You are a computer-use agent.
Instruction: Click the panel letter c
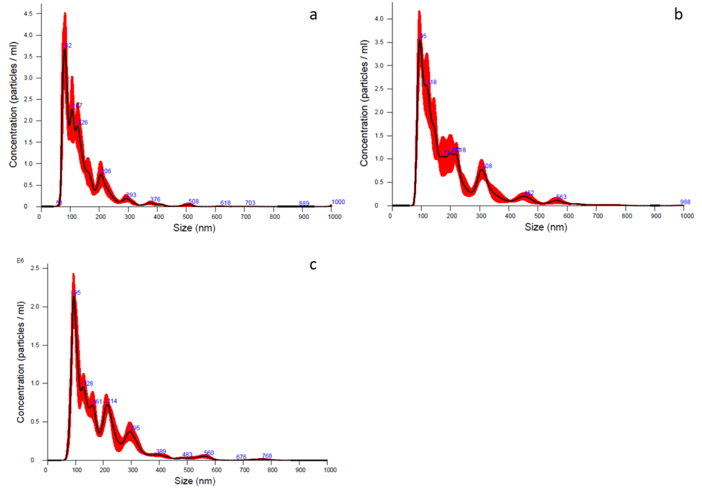(x=313, y=265)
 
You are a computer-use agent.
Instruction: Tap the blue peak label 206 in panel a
(x=106, y=171)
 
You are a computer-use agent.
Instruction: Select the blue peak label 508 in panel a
(x=194, y=201)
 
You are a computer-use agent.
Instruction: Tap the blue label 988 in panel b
(x=685, y=202)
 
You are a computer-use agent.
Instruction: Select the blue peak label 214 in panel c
(x=112, y=401)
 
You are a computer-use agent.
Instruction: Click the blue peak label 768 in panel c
(x=267, y=456)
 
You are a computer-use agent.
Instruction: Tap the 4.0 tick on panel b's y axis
(x=379, y=19)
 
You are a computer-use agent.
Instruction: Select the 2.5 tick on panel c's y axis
(x=35, y=268)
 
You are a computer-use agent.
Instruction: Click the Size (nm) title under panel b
(x=546, y=227)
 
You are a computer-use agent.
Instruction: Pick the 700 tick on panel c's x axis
(x=244, y=470)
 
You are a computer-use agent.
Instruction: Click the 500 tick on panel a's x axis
(x=187, y=217)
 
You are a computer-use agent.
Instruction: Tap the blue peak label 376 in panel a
(x=155, y=199)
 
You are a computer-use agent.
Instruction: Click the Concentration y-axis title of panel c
(x=21, y=362)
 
